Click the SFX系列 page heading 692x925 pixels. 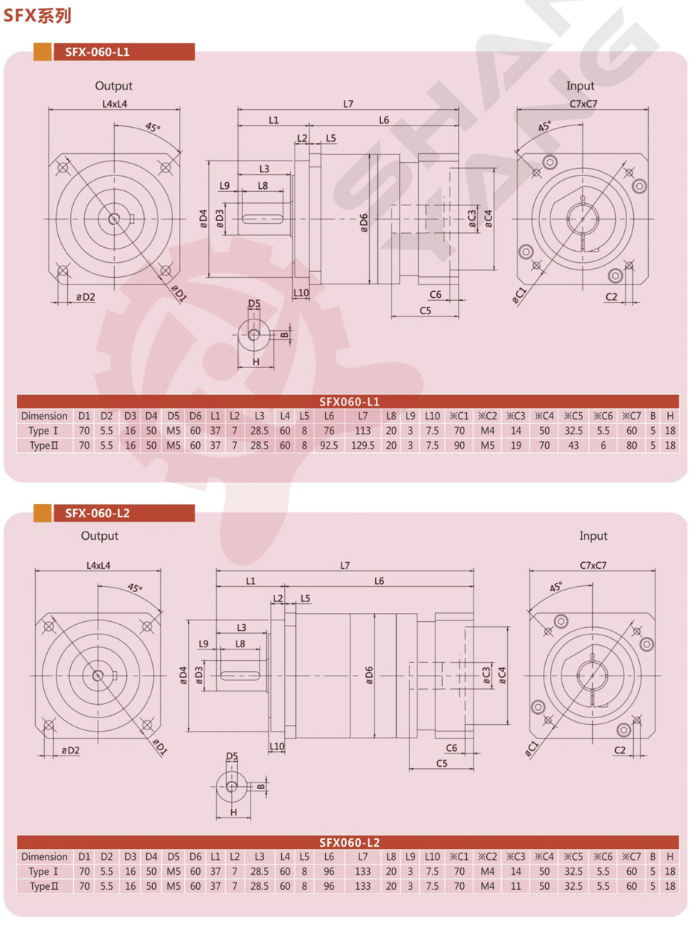[x=37, y=15]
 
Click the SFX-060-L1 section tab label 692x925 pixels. [x=97, y=52]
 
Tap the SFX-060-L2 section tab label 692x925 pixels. [x=97, y=513]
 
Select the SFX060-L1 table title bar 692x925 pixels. [x=349, y=401]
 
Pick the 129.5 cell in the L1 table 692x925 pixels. [x=362, y=445]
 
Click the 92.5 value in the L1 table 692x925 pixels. [x=329, y=445]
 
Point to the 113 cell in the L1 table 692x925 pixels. [x=362, y=431]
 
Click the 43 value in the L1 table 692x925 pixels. [x=573, y=445]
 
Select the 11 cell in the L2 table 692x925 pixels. [x=517, y=885]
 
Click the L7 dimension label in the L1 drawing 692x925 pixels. [x=348, y=104]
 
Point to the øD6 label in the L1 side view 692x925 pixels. [x=363, y=222]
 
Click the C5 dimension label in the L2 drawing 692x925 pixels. [x=441, y=763]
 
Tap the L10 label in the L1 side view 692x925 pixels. [x=301, y=293]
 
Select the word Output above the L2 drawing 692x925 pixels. [x=100, y=536]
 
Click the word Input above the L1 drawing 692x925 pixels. [x=580, y=87]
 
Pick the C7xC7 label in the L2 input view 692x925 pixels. [x=593, y=565]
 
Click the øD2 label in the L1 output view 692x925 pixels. [x=85, y=297]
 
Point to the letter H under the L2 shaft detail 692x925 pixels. [x=233, y=812]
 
